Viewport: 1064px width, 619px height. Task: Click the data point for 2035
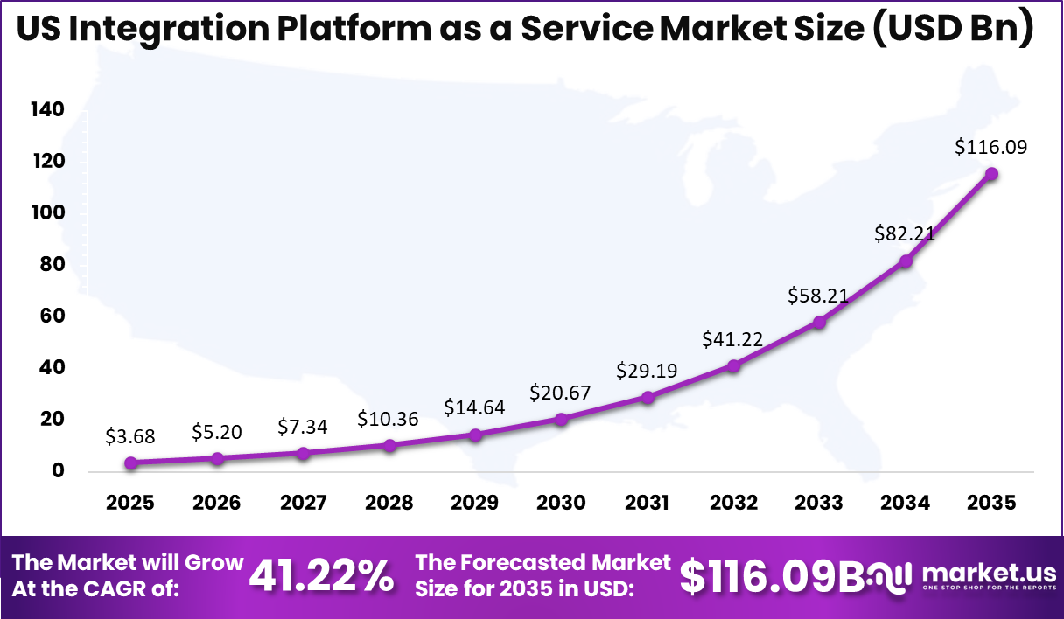click(x=991, y=174)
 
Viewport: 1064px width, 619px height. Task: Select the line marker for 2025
click(x=130, y=463)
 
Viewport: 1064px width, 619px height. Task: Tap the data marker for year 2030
click(x=561, y=420)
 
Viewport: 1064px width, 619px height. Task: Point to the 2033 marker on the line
click(x=819, y=323)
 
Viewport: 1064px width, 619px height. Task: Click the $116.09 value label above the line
click(x=991, y=147)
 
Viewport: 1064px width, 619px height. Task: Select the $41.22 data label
click(x=732, y=339)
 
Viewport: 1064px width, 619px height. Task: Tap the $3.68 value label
click(x=130, y=435)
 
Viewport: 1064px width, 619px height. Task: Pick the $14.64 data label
click(x=474, y=407)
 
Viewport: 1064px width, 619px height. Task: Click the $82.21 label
click(x=905, y=233)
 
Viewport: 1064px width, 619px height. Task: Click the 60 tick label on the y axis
click(x=52, y=316)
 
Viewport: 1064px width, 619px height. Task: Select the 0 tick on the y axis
click(x=58, y=471)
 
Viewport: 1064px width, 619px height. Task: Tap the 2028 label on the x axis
click(x=388, y=504)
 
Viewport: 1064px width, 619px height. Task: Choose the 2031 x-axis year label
click(x=647, y=504)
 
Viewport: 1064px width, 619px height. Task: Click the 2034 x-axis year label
click(x=905, y=504)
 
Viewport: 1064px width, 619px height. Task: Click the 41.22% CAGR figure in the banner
click(x=321, y=575)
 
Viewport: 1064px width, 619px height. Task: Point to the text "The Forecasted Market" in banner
click(x=542, y=562)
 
